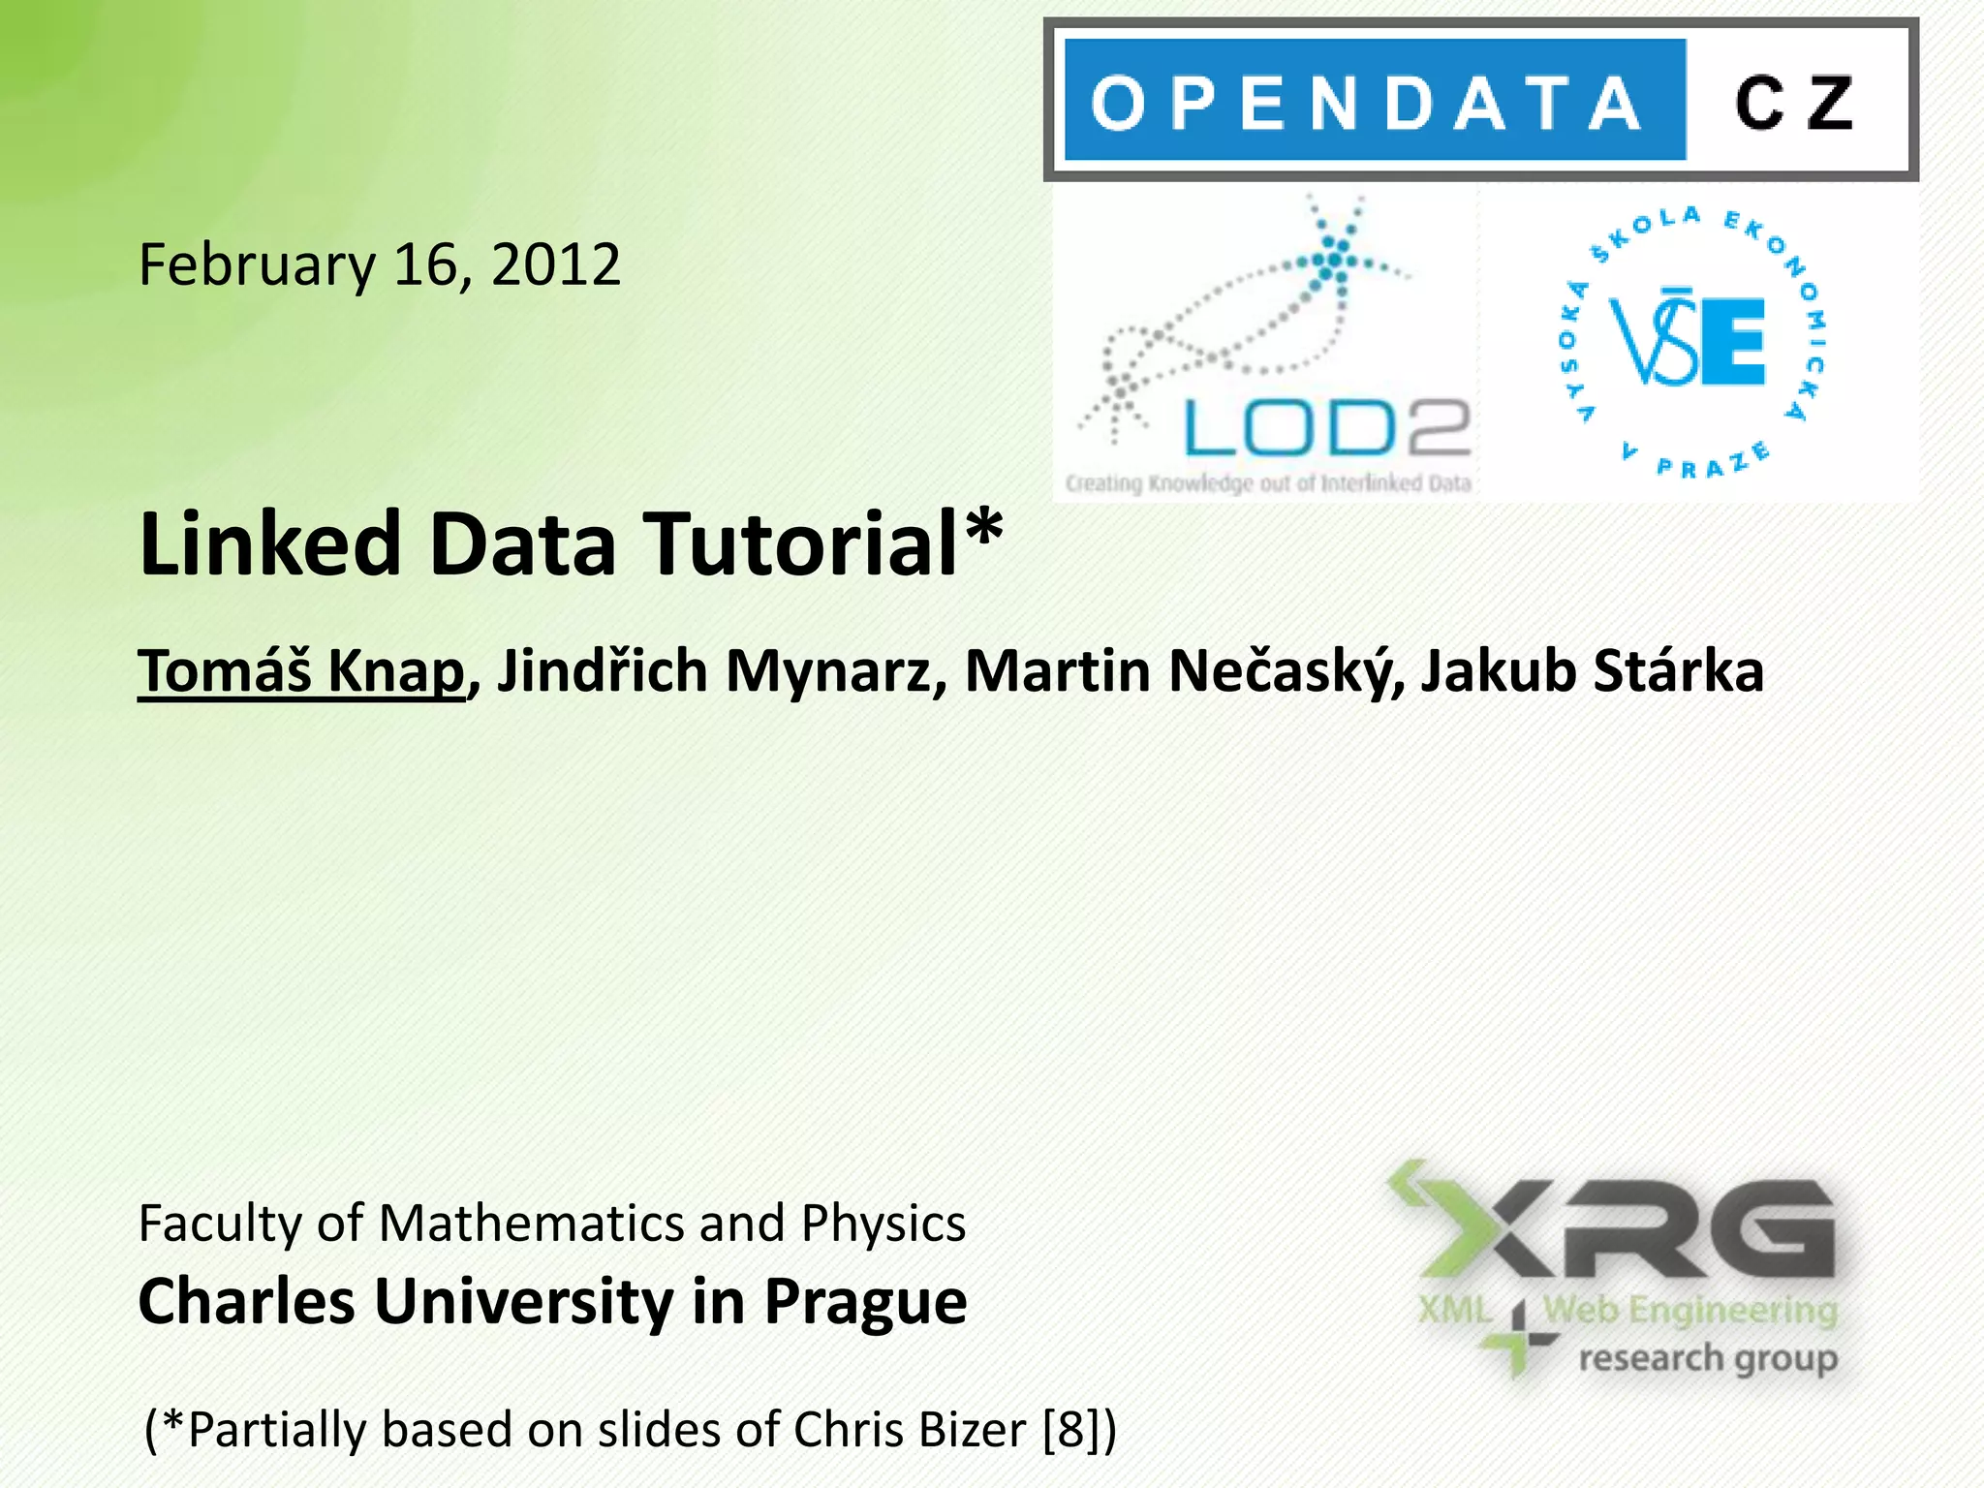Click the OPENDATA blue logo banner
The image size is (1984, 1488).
pos(1374,101)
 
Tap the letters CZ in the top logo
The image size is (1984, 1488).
pos(1794,103)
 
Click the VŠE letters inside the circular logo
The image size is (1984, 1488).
pos(1688,341)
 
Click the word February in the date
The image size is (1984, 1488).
pos(257,265)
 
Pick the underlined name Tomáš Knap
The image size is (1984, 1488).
pos(301,670)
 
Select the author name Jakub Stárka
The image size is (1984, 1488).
pos(1592,670)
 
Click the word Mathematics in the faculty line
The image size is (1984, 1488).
pos(533,1223)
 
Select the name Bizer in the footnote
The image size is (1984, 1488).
pos(973,1430)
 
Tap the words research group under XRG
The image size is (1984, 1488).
pos(1708,1358)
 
